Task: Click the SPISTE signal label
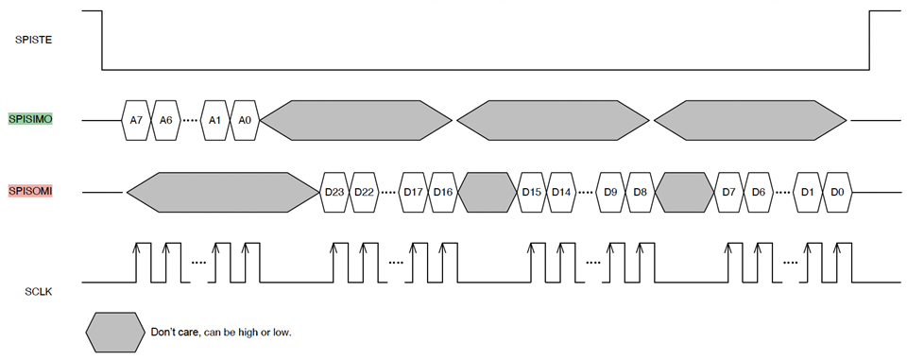34,40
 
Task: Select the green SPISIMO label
30,119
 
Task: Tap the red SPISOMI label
30,191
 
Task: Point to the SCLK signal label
40,292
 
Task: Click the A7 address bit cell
136,120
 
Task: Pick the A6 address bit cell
165,120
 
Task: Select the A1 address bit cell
215,120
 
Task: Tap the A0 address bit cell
246,120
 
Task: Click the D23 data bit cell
334,192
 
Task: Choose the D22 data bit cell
365,192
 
